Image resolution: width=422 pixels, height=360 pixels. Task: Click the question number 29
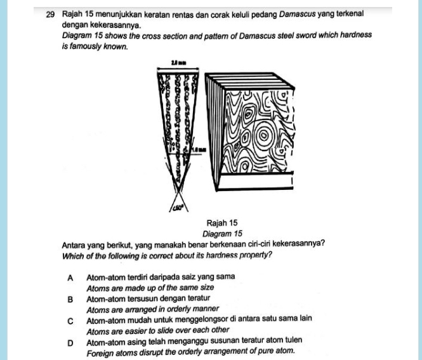point(51,13)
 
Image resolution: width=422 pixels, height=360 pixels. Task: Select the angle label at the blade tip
point(177,206)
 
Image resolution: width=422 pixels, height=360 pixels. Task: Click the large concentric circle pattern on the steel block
point(261,136)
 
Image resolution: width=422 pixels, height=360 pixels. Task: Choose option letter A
point(70,277)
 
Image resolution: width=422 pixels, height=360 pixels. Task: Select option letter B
point(70,298)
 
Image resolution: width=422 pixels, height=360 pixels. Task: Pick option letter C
point(70,320)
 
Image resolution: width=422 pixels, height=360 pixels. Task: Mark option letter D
point(70,342)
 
